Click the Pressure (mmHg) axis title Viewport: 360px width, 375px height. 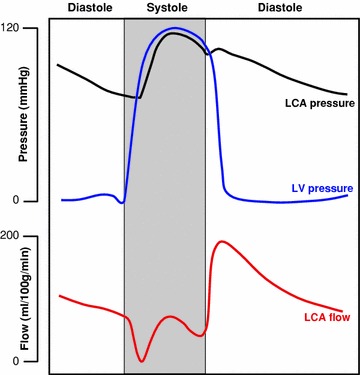(10, 115)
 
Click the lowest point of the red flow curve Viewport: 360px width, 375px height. (142, 361)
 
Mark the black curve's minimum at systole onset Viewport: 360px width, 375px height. (140, 97)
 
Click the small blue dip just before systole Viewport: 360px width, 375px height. (122, 203)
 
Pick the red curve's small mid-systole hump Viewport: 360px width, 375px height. (171, 317)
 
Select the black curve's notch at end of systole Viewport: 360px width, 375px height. (209, 53)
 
